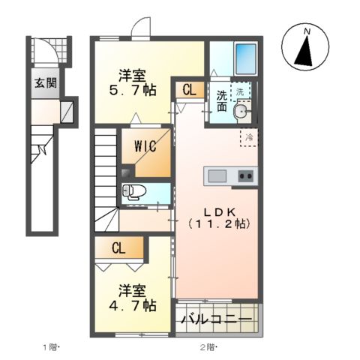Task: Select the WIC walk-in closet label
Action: click(145, 145)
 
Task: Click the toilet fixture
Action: click(135, 190)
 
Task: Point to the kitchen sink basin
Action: click(217, 176)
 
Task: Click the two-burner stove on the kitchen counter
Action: click(245, 176)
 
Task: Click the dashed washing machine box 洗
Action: click(241, 91)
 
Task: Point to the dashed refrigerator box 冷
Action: click(248, 137)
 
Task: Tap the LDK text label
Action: click(218, 208)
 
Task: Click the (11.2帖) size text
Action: click(218, 223)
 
